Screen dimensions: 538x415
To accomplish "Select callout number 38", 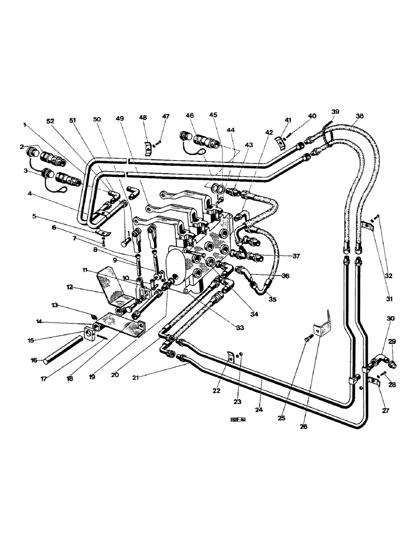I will [x=360, y=115].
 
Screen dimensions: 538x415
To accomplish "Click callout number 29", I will [x=392, y=342].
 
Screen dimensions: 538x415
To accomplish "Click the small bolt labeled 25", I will [x=309, y=338].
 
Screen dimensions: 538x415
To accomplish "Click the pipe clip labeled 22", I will [x=231, y=356].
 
